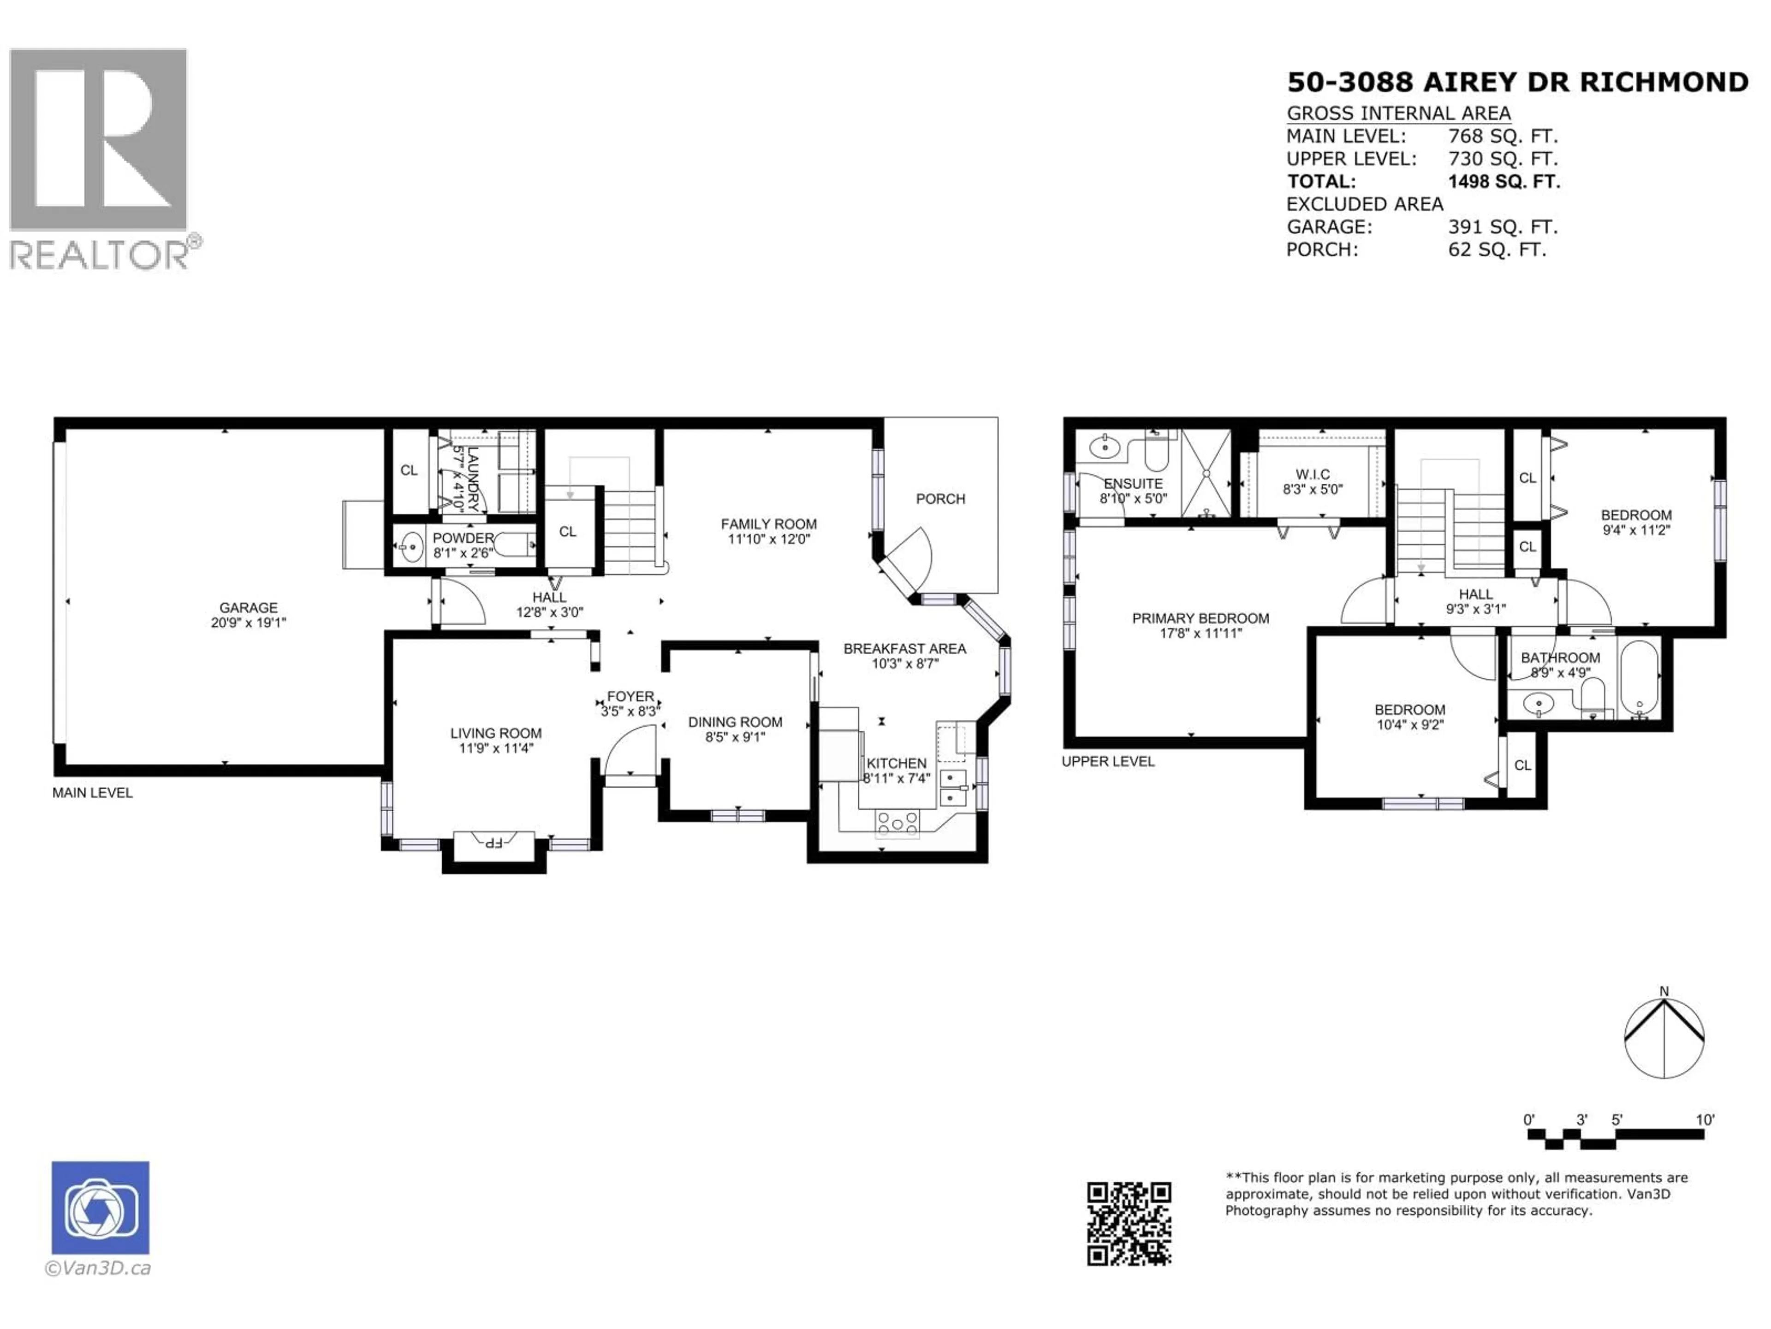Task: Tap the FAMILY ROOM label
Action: coord(769,524)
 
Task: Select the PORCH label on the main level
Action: coord(941,499)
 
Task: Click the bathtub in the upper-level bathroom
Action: coord(1640,678)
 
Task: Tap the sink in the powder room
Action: coord(411,548)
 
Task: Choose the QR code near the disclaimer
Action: coord(1129,1223)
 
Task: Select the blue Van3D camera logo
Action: coord(100,1207)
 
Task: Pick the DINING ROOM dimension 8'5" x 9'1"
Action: coord(735,737)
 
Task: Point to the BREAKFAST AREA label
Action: coord(905,649)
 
